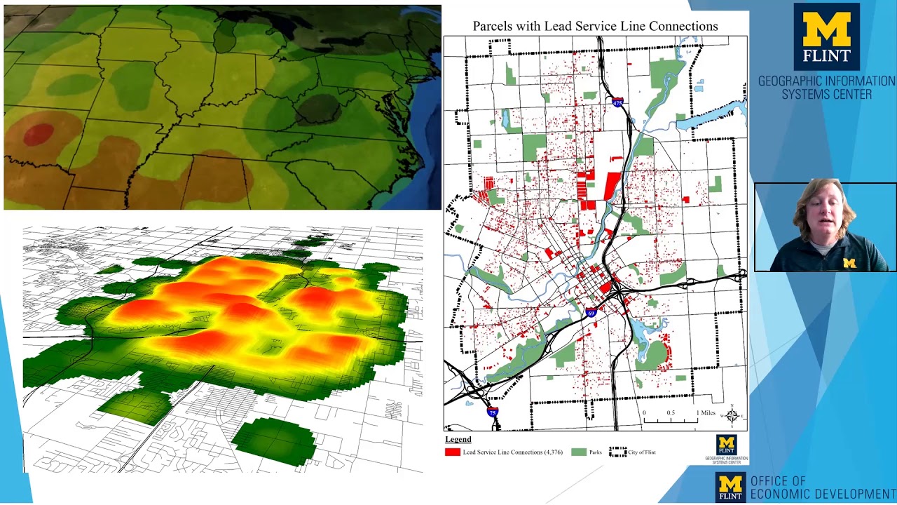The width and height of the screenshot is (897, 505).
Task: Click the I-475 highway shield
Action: [617, 103]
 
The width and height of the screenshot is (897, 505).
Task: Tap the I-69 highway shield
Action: [591, 313]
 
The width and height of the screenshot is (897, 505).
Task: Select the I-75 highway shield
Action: [493, 412]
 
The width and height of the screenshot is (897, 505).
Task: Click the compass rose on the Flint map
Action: [732, 416]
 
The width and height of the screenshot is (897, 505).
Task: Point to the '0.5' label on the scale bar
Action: [671, 412]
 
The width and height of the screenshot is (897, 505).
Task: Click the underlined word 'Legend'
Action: [458, 440]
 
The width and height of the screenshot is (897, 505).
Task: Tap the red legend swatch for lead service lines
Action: [453, 452]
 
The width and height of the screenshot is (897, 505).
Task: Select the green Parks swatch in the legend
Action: [579, 452]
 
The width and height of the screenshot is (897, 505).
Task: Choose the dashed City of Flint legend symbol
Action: [617, 452]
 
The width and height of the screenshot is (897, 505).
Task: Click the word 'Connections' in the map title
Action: [683, 26]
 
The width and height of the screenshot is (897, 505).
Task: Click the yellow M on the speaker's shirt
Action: [849, 263]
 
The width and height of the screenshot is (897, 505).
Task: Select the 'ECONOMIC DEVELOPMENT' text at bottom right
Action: [823, 494]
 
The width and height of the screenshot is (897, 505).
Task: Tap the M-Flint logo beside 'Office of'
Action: [730, 486]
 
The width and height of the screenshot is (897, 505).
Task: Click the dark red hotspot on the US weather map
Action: [39, 133]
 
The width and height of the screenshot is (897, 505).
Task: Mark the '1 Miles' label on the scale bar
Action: [706, 412]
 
